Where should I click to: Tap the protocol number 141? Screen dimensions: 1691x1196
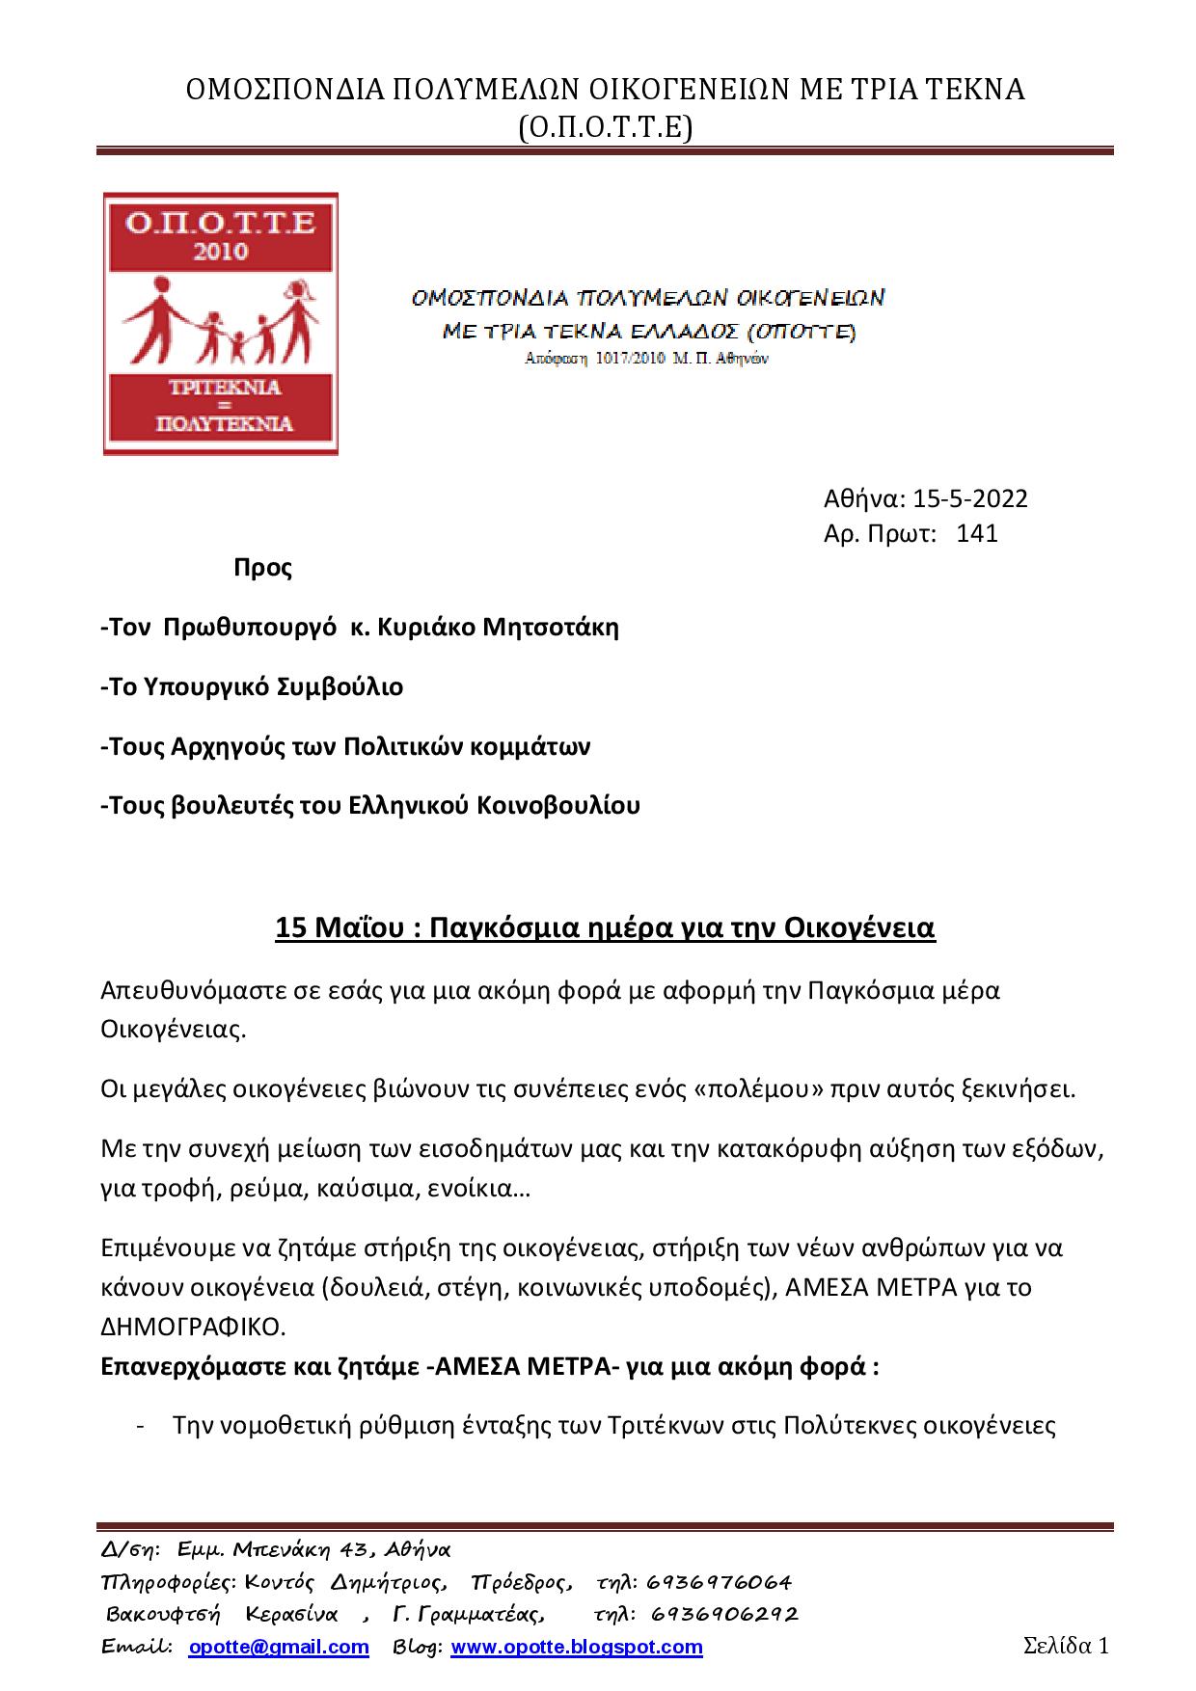pyautogui.click(x=976, y=533)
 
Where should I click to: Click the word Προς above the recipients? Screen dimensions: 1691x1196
pyautogui.click(x=262, y=567)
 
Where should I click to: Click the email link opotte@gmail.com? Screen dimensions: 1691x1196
pyautogui.click(x=279, y=1647)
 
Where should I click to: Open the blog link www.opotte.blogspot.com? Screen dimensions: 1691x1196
pyautogui.click(x=577, y=1647)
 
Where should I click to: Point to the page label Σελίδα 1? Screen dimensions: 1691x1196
pyautogui.click(x=1066, y=1645)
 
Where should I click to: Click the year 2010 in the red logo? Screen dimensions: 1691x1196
pyautogui.click(x=221, y=252)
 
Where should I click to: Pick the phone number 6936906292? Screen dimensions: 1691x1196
pyautogui.click(x=724, y=1614)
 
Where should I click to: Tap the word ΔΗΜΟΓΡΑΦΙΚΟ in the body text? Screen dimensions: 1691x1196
pyautogui.click(x=194, y=1327)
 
